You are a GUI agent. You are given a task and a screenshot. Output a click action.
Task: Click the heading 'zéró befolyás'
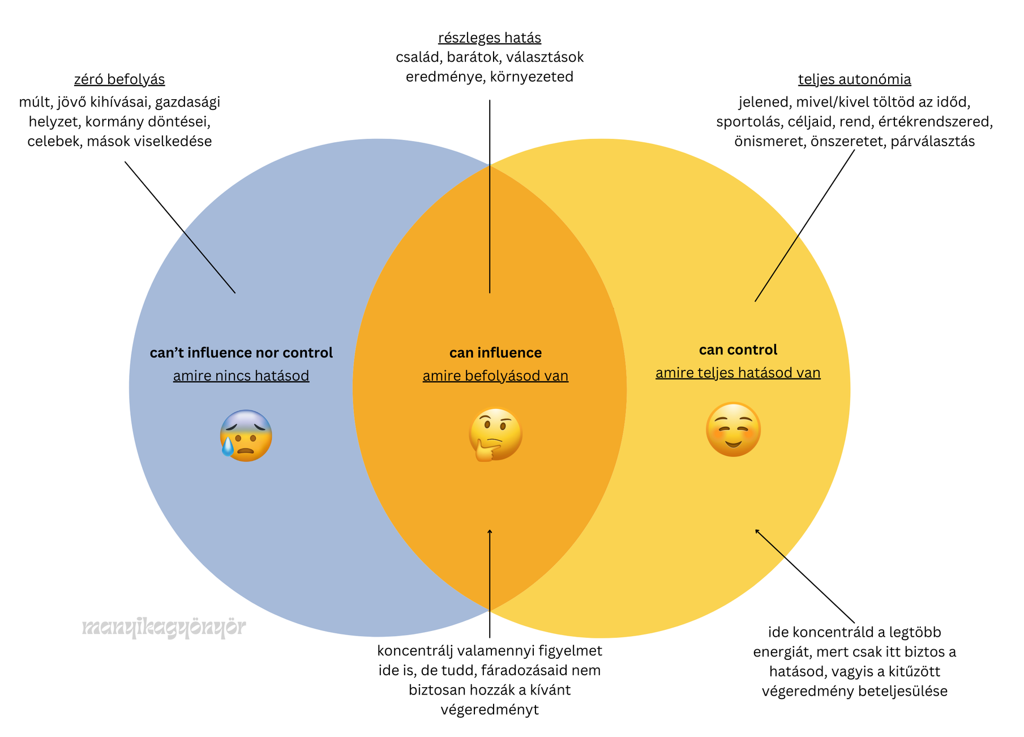tap(119, 79)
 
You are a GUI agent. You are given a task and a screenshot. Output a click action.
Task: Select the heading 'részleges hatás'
tap(490, 38)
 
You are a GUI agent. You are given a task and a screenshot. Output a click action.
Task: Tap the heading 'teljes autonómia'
tap(854, 79)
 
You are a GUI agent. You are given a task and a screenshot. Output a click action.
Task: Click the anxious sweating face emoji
tap(246, 435)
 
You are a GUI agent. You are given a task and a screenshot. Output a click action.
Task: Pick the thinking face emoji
tap(495, 434)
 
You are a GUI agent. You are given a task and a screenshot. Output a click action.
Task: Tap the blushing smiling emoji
tap(733, 429)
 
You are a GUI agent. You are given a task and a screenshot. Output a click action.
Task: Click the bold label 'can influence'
tap(495, 353)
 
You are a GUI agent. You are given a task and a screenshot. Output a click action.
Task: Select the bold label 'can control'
tap(738, 350)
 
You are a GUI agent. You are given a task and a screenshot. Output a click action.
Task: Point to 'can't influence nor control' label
tap(241, 353)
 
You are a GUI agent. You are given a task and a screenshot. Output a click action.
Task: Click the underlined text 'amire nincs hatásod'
tap(241, 376)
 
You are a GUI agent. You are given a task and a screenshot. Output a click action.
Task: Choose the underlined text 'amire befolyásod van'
tap(495, 376)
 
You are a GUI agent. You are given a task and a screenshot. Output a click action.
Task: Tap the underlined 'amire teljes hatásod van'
tap(738, 373)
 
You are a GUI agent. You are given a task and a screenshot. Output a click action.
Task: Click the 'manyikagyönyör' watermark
tap(164, 627)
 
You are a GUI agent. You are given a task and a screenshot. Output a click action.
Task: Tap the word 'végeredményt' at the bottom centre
tap(490, 710)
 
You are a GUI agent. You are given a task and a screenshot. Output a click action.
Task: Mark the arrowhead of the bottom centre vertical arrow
tap(490, 531)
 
